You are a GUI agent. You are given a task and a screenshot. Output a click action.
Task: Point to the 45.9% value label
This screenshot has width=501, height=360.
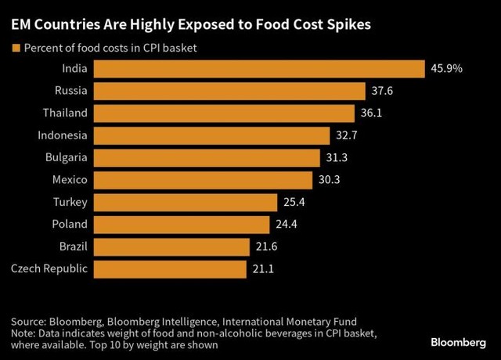click(447, 69)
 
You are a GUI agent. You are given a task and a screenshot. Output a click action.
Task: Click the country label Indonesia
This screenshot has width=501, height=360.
click(63, 135)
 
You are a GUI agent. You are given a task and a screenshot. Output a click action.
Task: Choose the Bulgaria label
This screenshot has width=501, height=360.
click(67, 158)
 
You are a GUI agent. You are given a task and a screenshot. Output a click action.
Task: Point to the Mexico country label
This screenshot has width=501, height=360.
click(70, 180)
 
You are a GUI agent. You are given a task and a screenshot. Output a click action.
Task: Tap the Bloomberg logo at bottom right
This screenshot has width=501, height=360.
click(462, 343)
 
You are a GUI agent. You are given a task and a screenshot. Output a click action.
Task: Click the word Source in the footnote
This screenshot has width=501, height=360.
click(29, 322)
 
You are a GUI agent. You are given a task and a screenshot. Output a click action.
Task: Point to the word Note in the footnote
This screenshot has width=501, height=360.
click(23, 333)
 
